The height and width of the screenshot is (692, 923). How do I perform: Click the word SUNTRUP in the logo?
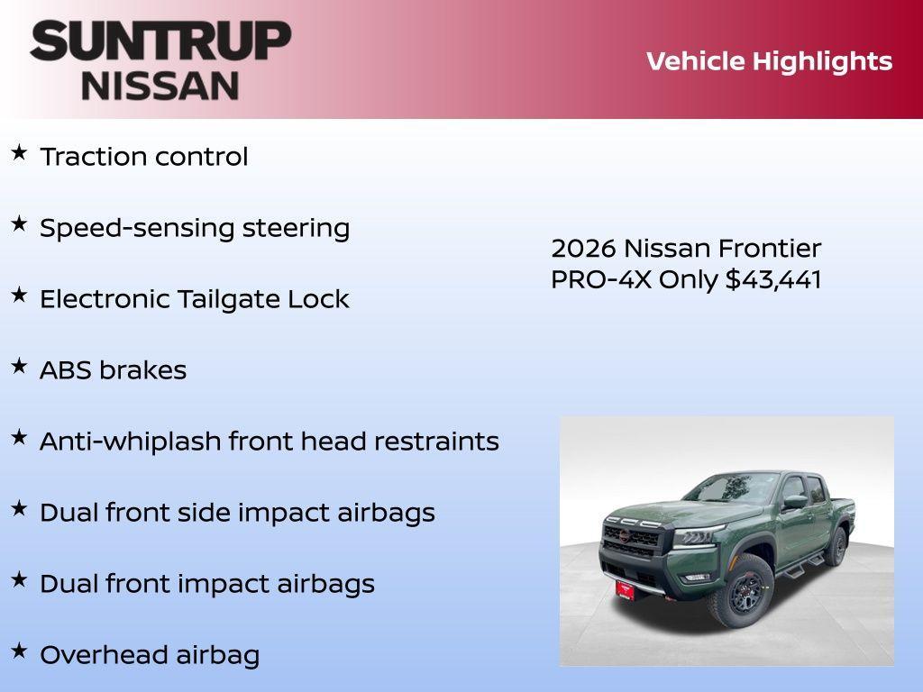(x=160, y=41)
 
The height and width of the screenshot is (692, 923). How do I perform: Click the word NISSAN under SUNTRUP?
(x=160, y=86)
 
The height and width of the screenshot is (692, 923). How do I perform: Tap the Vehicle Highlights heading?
(x=769, y=61)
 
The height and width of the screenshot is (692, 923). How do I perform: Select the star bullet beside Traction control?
(x=19, y=153)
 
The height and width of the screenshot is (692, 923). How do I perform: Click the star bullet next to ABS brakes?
(x=19, y=367)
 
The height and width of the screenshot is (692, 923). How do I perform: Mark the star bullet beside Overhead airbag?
(x=19, y=651)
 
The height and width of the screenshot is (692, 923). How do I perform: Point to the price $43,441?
(x=773, y=279)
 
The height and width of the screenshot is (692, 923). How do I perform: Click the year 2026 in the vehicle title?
(x=583, y=249)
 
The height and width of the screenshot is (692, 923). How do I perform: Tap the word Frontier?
(x=769, y=249)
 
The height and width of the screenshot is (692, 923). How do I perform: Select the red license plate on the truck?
(x=626, y=589)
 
